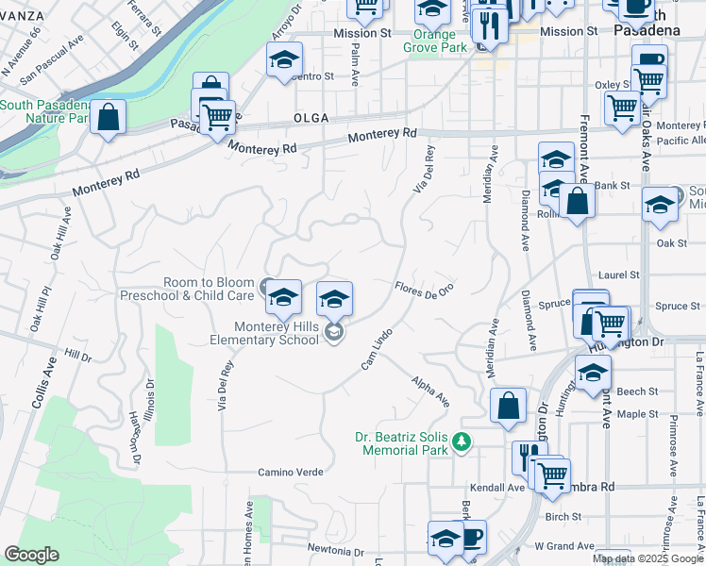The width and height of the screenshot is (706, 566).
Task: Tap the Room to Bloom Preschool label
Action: click(x=188, y=289)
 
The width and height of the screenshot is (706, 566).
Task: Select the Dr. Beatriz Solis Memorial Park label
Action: click(x=400, y=443)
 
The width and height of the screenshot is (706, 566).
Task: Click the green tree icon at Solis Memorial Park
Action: click(x=462, y=441)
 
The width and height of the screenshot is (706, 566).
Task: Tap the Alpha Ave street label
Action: click(x=429, y=391)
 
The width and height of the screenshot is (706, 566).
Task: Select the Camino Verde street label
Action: click(x=291, y=472)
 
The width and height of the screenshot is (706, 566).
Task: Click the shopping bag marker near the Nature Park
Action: click(x=109, y=118)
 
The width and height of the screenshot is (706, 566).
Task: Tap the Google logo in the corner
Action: click(x=31, y=555)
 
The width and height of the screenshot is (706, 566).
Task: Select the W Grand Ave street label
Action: click(x=563, y=545)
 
